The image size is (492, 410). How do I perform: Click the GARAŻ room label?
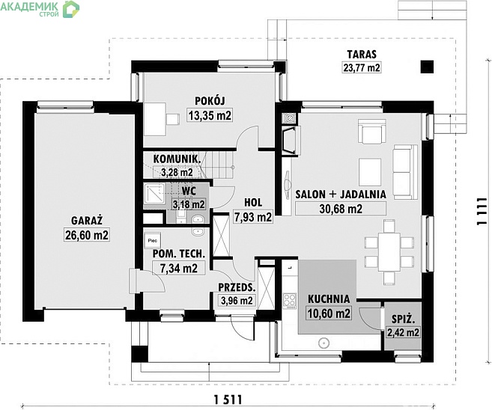(87, 221)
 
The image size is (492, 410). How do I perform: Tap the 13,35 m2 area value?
(210, 115)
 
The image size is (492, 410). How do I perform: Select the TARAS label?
(362, 54)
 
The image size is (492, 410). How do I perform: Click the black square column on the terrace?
(427, 67)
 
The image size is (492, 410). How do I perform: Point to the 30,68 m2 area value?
(341, 209)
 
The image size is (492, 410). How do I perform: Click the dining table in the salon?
(389, 251)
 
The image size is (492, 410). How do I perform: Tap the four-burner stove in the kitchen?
(289, 301)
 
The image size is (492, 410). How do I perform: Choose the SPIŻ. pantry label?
(403, 319)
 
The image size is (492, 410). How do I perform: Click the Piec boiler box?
(153, 240)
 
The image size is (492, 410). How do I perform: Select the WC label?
(189, 191)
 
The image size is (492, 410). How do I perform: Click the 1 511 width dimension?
(228, 400)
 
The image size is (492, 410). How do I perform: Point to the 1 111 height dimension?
(482, 212)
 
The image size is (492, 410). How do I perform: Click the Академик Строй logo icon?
(71, 9)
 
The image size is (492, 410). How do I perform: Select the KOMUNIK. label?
(177, 159)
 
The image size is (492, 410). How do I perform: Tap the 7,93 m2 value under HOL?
(253, 217)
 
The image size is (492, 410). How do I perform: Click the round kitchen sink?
(324, 343)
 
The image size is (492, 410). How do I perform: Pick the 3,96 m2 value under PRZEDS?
(237, 301)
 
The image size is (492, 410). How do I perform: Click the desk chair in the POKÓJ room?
(172, 119)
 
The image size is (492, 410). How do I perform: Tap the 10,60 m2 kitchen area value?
(329, 313)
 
